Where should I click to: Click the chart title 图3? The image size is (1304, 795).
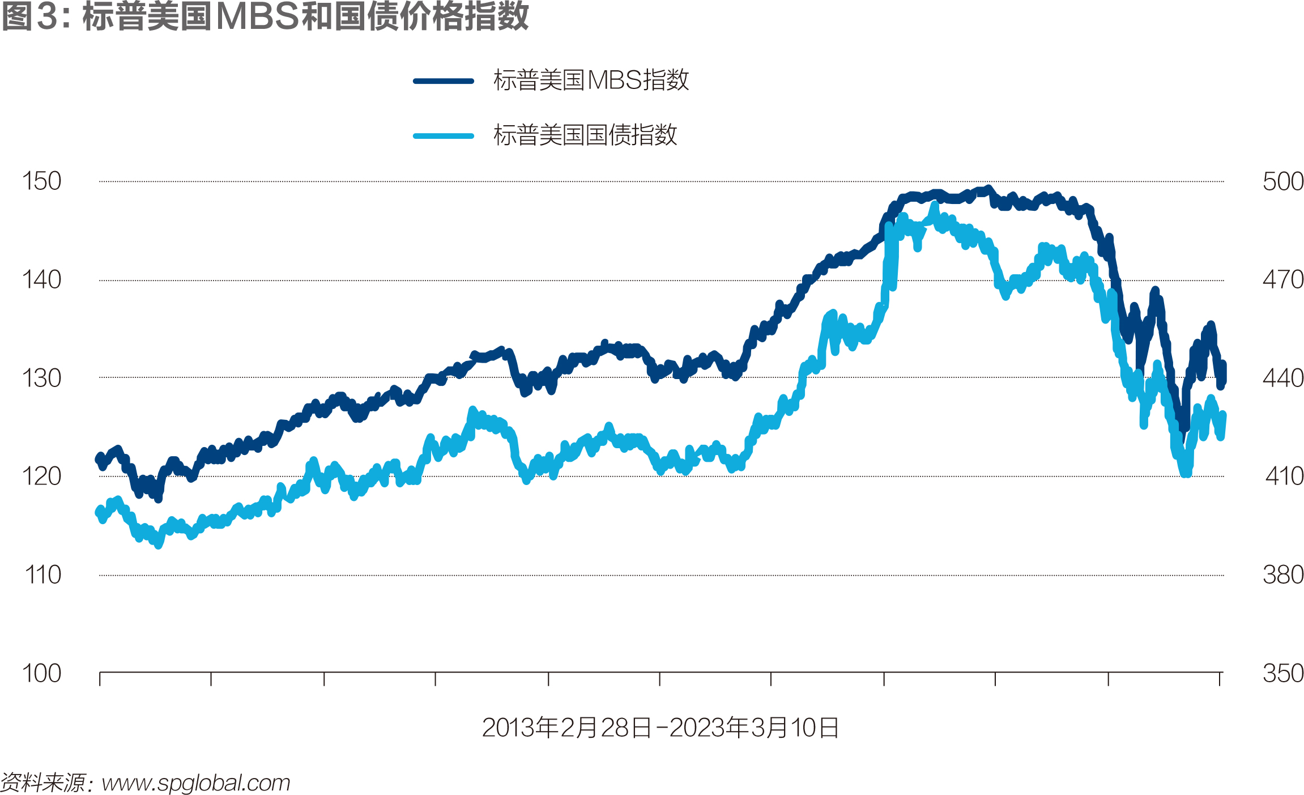point(265,16)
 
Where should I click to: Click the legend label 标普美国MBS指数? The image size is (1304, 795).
point(591,80)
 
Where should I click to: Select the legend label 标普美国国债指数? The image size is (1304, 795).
point(585,135)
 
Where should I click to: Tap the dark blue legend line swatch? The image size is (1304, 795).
point(444,81)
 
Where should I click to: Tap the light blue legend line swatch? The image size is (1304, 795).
point(444,136)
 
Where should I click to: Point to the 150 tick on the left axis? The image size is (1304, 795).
point(41,181)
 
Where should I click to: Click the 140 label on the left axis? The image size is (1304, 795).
point(41,280)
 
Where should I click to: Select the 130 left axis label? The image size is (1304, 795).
point(41,378)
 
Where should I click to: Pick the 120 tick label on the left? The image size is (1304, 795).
point(41,477)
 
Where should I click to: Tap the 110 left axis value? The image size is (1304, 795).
point(42,575)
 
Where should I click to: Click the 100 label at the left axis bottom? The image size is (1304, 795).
point(41,674)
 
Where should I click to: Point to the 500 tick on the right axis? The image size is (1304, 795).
point(1283,182)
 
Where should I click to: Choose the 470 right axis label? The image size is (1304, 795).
point(1283,280)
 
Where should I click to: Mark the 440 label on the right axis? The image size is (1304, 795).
point(1283,378)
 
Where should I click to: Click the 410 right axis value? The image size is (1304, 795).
point(1284,477)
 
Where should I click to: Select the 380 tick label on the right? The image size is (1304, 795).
point(1283,575)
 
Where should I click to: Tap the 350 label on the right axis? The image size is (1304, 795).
point(1283,674)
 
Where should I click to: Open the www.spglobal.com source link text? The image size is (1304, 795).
point(196,783)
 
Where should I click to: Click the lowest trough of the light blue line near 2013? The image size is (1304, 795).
point(158,545)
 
